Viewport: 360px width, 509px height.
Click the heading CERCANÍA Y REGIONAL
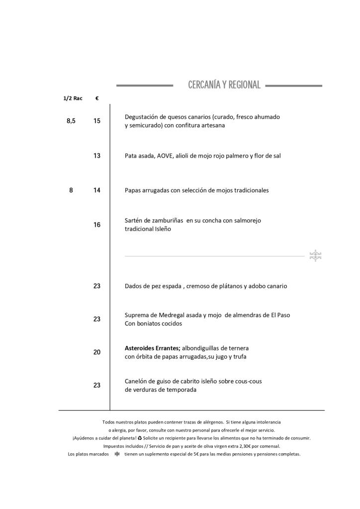click(224, 85)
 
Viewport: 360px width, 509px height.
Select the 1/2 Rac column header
click(73, 98)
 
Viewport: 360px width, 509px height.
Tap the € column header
click(96, 98)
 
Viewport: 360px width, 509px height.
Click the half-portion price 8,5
click(71, 121)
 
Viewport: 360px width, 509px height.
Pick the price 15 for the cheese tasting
click(97, 121)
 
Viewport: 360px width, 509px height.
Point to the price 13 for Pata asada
click(97, 156)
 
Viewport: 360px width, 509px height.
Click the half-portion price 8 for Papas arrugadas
click(71, 190)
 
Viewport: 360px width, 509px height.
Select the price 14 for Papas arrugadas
click(97, 190)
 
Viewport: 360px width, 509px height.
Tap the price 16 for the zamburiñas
click(97, 225)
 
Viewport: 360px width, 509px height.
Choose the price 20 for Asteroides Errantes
click(97, 352)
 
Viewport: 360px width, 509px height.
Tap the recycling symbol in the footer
click(140, 438)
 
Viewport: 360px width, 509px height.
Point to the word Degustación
click(143, 117)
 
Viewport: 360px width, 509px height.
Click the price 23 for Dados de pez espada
click(97, 286)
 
